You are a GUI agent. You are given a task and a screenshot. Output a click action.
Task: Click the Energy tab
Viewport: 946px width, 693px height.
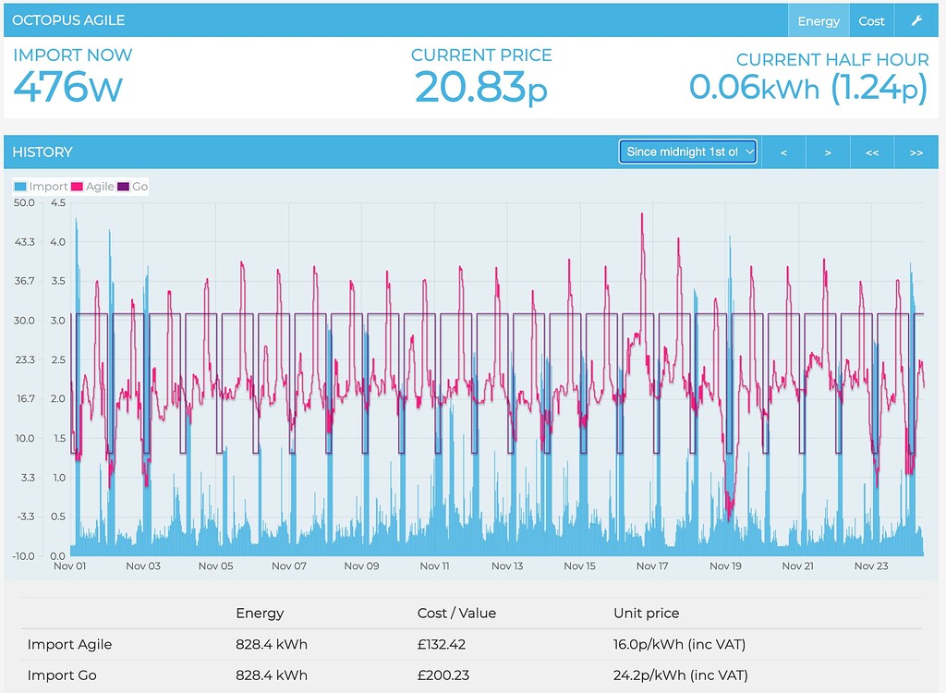[x=819, y=21]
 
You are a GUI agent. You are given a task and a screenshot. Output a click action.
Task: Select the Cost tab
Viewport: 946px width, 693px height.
[x=871, y=21]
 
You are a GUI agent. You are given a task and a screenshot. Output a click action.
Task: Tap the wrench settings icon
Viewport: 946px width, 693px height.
[x=916, y=21]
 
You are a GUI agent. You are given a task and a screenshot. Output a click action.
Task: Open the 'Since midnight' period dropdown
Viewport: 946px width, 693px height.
[x=687, y=152]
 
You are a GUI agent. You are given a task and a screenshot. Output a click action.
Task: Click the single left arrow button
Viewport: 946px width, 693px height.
[x=784, y=152]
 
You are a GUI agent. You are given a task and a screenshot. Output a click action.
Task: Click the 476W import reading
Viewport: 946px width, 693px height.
[x=67, y=88]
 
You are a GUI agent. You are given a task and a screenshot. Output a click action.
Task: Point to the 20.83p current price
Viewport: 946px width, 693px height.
[x=480, y=88]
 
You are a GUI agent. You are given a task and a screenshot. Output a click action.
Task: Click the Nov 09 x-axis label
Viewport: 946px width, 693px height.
[x=361, y=566]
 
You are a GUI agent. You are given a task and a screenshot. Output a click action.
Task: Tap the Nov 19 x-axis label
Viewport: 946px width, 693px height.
[x=725, y=566]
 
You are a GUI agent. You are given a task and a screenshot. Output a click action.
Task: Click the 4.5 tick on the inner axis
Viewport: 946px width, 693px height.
[x=58, y=202]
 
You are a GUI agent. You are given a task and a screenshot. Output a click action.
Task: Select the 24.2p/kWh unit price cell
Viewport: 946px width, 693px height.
[x=680, y=675]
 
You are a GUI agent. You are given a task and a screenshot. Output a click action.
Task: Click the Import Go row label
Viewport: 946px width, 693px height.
[x=62, y=675]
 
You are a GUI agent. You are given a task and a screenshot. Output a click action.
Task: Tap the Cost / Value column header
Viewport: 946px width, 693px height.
[x=456, y=613]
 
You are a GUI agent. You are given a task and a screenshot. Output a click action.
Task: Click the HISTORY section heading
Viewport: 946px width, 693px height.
[x=42, y=152]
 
